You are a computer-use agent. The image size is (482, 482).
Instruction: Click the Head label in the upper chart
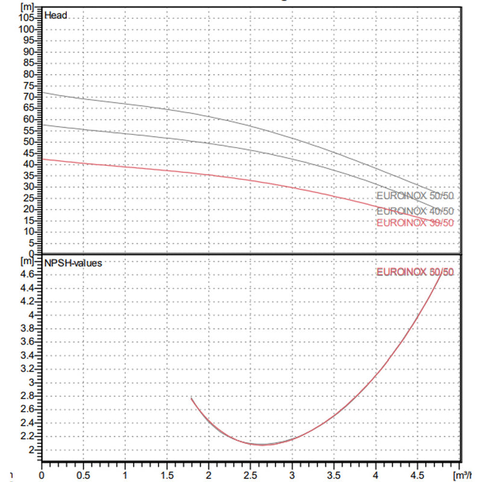coord(55,16)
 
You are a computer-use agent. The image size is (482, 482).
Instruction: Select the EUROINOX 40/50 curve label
coord(415,211)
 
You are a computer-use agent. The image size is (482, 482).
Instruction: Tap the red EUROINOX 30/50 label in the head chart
coord(415,223)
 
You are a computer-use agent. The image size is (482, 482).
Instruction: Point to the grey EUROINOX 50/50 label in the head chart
coord(415,196)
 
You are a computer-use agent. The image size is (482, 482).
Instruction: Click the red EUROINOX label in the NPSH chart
coord(415,272)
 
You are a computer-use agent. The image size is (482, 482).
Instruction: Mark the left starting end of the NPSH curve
coord(192,398)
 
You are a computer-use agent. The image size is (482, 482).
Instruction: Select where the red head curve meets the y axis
coord(41,159)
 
